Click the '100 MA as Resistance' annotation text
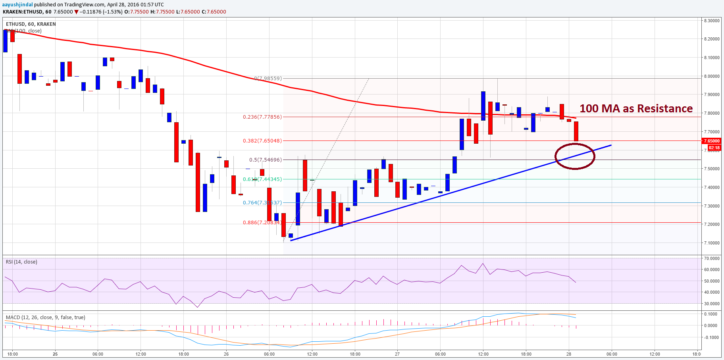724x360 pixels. [x=636, y=108]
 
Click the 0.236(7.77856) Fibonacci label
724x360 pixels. [x=262, y=117]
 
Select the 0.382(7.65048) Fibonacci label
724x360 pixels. [x=262, y=141]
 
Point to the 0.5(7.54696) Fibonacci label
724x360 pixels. [x=266, y=160]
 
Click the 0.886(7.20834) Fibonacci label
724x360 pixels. [x=262, y=222]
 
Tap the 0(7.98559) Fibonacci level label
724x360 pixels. [x=268, y=78]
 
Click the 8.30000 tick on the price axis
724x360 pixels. [x=711, y=21]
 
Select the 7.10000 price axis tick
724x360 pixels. [x=711, y=243]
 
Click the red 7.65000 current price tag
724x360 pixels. [x=711, y=141]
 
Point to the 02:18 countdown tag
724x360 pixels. [x=714, y=148]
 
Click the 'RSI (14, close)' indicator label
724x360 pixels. [x=21, y=262]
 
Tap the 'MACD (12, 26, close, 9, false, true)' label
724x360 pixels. [x=45, y=318]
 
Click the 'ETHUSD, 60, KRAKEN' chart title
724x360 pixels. [x=31, y=24]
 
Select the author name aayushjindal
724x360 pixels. [x=17, y=4]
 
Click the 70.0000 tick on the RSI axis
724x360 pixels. [x=711, y=258]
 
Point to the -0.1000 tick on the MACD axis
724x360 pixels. [x=711, y=337]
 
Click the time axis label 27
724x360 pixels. [x=397, y=354]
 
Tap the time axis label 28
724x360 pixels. [x=569, y=354]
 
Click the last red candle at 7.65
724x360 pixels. [x=576, y=131]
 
